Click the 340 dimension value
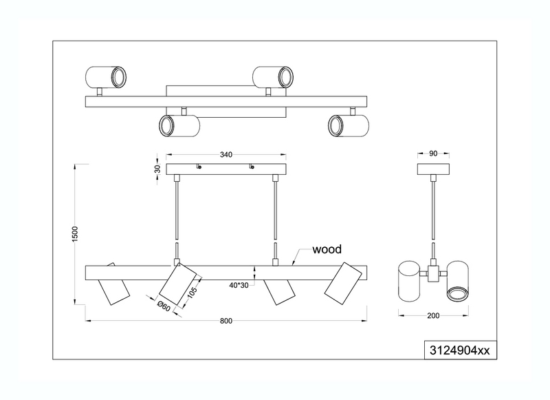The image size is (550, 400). (226, 154)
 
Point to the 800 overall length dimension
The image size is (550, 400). (226, 321)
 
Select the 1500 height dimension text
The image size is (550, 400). (75, 234)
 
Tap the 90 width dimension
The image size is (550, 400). (433, 154)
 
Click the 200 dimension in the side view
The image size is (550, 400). (433, 316)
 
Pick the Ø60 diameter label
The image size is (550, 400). (164, 306)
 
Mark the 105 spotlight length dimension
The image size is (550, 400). (192, 291)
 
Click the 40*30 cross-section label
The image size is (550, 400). (239, 285)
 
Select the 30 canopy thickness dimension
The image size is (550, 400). (157, 169)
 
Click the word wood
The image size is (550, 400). (327, 249)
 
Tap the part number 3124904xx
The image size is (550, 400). (459, 350)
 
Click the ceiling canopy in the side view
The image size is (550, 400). (433, 169)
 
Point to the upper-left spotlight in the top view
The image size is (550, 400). (106, 77)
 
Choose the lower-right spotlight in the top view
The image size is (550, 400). (349, 126)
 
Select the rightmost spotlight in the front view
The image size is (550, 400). (343, 284)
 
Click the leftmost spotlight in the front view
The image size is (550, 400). (113, 285)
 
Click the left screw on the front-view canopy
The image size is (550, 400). (199, 167)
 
